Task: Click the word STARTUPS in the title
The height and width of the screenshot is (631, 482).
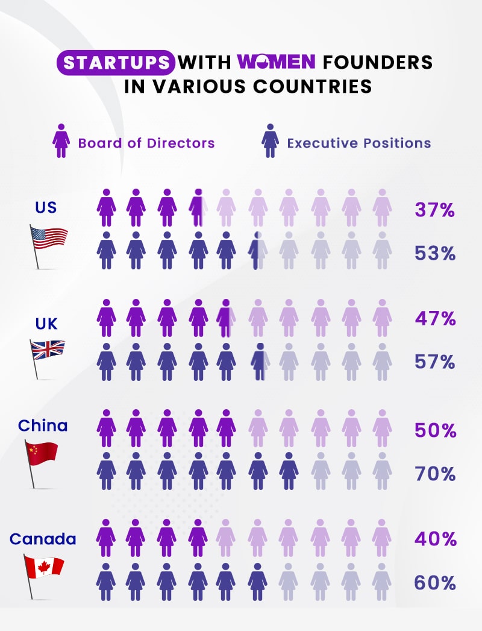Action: pyautogui.click(x=116, y=63)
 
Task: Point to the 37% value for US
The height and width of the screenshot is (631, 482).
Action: pyautogui.click(x=434, y=210)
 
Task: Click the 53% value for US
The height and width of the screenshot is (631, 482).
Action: pyautogui.click(x=434, y=253)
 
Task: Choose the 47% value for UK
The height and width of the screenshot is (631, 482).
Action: pyautogui.click(x=435, y=319)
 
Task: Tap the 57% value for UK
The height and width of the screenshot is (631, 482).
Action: pyautogui.click(x=435, y=362)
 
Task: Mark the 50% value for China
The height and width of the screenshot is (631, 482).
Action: pyautogui.click(x=435, y=431)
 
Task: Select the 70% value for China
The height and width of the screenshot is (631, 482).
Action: pyautogui.click(x=435, y=474)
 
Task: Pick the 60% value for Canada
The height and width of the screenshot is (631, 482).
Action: pyautogui.click(x=435, y=583)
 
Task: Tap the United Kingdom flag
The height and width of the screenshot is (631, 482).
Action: pyautogui.click(x=48, y=350)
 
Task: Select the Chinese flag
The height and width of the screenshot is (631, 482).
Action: pyautogui.click(x=42, y=453)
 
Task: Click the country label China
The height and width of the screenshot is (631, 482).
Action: pyautogui.click(x=43, y=425)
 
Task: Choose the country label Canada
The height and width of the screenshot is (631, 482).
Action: pyautogui.click(x=43, y=538)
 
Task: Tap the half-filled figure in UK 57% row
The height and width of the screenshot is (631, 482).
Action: pyautogui.click(x=258, y=362)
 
